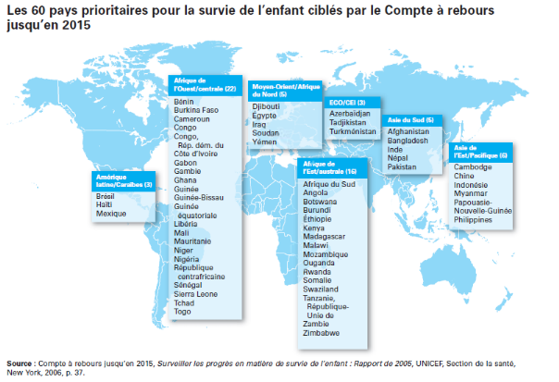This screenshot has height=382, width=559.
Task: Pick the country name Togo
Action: (x=183, y=339)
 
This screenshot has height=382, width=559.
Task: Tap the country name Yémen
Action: (x=266, y=141)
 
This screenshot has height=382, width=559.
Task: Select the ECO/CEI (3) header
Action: (x=348, y=101)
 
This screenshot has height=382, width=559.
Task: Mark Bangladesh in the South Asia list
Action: (x=408, y=141)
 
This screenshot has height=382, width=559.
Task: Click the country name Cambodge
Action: (x=474, y=166)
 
